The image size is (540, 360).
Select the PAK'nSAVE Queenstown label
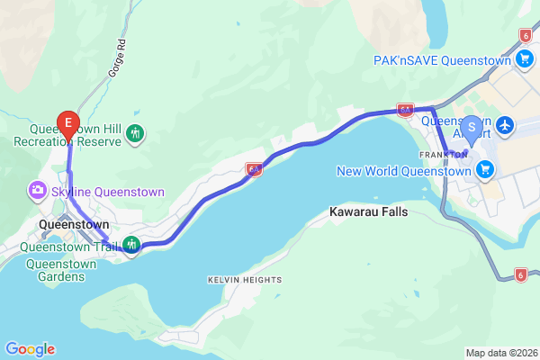coord(442,59)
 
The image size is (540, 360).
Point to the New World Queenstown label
coord(403,171)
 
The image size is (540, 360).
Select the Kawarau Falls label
coord(368,212)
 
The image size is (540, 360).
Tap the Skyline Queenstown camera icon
coord(38,191)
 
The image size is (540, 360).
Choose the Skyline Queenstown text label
coord(108,192)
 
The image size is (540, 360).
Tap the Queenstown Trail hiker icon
coord(132,244)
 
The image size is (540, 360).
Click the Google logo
coord(30,349)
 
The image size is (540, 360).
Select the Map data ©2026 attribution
coord(499,352)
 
